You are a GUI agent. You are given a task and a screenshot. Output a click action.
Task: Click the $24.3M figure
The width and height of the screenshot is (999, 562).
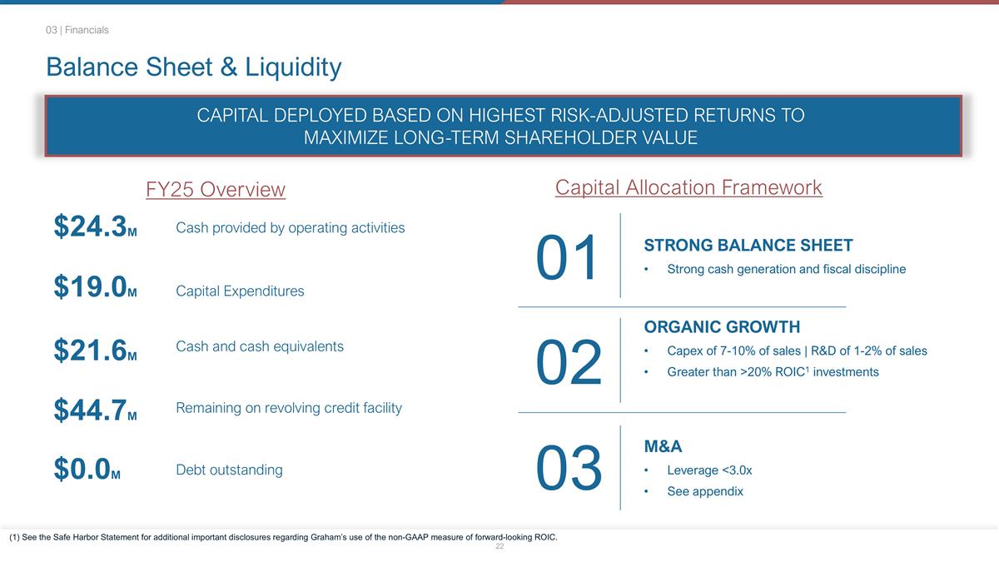point(95,226)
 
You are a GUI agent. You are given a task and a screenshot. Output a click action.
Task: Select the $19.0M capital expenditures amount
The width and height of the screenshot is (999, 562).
point(95,287)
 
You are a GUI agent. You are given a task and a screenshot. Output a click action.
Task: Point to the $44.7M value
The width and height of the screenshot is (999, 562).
point(95,410)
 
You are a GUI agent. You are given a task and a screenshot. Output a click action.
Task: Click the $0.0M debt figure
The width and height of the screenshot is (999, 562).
point(87,470)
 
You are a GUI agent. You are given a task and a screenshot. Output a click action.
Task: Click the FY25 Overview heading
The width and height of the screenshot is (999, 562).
point(216,190)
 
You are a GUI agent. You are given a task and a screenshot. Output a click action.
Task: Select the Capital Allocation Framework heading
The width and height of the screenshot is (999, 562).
point(688,187)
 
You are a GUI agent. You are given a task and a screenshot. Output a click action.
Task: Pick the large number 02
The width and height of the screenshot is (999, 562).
point(568,362)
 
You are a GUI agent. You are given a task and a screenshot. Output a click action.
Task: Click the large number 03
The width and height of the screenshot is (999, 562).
point(568,468)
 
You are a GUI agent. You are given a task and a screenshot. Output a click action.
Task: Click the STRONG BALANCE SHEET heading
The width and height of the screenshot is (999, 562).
point(748,245)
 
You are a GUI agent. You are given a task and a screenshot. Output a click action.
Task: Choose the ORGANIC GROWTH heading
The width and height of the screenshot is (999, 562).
point(722,326)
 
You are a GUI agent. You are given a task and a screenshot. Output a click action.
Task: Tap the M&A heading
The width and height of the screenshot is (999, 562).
point(663,447)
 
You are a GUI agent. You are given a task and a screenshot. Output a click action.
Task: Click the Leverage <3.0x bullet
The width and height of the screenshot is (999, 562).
point(709,470)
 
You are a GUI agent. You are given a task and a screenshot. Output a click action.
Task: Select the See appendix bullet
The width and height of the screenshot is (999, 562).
point(704,491)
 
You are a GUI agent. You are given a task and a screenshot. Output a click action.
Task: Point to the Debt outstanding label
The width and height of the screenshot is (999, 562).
point(229,470)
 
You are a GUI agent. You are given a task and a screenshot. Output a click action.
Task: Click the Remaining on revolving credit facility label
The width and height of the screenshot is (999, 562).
point(289,408)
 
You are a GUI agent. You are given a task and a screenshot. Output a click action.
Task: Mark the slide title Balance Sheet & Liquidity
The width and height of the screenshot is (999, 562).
point(193,67)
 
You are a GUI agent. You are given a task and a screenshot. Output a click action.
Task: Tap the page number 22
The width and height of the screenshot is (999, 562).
point(499,547)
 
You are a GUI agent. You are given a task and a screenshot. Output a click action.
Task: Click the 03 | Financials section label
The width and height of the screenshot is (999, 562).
point(77,30)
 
